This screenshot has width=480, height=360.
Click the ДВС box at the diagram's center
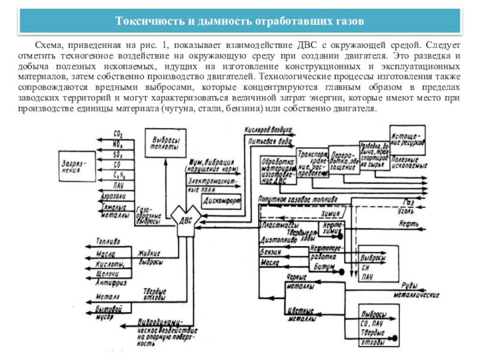(x=186, y=220)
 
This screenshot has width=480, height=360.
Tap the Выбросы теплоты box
(x=165, y=142)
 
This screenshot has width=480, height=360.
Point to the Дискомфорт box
(x=221, y=200)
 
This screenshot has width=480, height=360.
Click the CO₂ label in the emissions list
(x=118, y=134)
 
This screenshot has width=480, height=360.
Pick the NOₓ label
(x=119, y=145)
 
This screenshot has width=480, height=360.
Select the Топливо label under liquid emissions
(x=107, y=241)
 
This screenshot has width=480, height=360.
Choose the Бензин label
(x=270, y=252)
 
